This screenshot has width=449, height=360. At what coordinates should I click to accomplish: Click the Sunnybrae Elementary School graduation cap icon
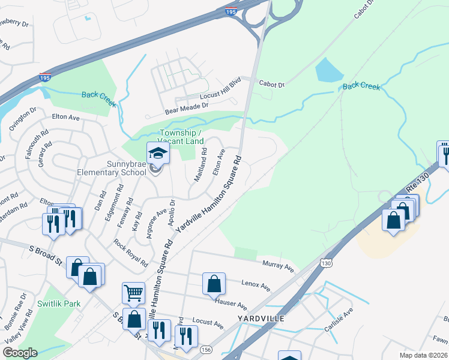click(x=158, y=154)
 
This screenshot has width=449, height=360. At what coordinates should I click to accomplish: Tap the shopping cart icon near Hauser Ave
click(x=133, y=293)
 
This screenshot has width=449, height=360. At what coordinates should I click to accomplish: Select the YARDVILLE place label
click(x=259, y=317)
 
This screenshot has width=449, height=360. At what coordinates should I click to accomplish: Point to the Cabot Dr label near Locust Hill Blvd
click(x=273, y=85)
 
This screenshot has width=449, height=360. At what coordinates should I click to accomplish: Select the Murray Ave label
click(x=277, y=265)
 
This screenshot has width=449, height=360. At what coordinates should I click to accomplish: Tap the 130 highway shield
click(x=326, y=263)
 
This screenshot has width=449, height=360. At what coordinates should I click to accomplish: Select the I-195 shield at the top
click(x=231, y=11)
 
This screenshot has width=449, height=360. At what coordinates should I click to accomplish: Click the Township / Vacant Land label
click(x=180, y=136)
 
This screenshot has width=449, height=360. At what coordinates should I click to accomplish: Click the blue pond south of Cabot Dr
click(x=328, y=71)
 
